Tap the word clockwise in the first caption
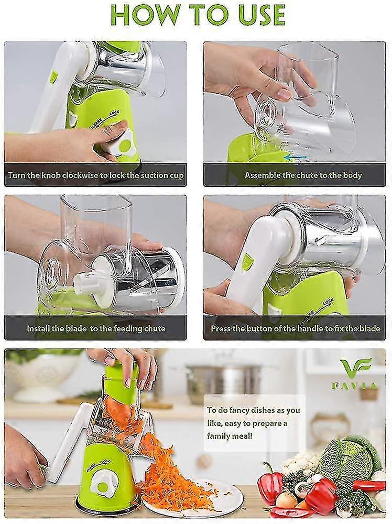point(81,175)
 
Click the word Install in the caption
point(38,328)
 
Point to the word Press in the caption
point(221,328)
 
